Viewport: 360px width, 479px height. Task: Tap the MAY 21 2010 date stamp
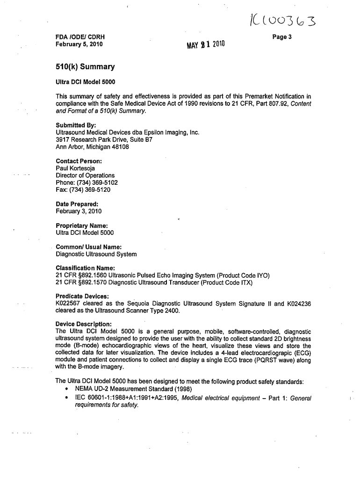tap(205, 45)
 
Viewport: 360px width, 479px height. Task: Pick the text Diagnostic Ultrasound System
tap(96, 254)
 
